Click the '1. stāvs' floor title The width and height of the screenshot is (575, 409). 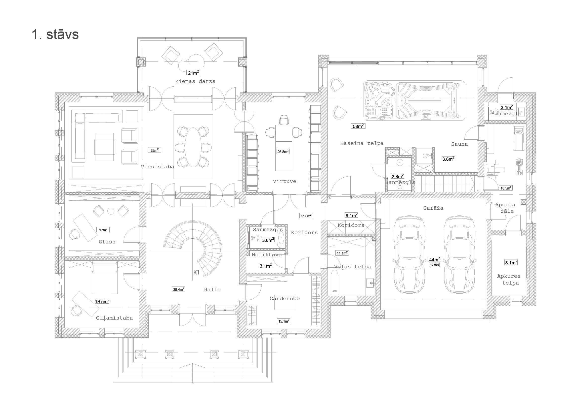pyautogui.click(x=55, y=34)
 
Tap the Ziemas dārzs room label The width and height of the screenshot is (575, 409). pyautogui.click(x=195, y=81)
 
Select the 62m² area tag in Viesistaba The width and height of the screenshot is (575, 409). pyautogui.click(x=154, y=150)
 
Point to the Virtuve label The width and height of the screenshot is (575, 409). pyautogui.click(x=284, y=181)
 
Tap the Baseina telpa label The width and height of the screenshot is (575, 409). pyautogui.click(x=362, y=143)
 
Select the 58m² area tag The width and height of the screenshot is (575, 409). pyautogui.click(x=358, y=126)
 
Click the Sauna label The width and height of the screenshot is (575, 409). pyautogui.click(x=459, y=144)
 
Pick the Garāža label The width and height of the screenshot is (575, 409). pyautogui.click(x=433, y=208)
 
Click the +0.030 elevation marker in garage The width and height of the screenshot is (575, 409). pyautogui.click(x=434, y=265)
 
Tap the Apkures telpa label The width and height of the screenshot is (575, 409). pyautogui.click(x=509, y=279)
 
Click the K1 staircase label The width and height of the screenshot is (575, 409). pyautogui.click(x=196, y=272)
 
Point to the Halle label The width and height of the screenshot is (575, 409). pyautogui.click(x=212, y=290)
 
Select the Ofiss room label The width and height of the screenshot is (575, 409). pyautogui.click(x=107, y=242)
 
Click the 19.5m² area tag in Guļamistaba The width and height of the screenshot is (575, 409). pyautogui.click(x=102, y=301)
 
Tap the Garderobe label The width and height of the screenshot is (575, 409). pyautogui.click(x=284, y=299)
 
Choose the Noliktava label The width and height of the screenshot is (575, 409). pyautogui.click(x=267, y=255)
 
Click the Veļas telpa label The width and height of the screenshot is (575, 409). pyautogui.click(x=352, y=267)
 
